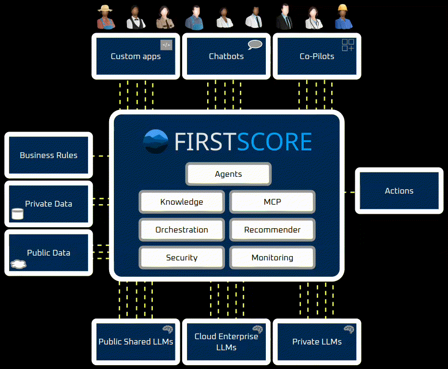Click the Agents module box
tap(228, 174)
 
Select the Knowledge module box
tap(182, 202)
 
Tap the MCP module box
tap(272, 202)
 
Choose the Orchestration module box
tap(182, 230)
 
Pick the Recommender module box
tap(272, 230)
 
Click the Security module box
tap(182, 258)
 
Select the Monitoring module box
tap(272, 258)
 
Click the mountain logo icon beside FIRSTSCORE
tap(156, 142)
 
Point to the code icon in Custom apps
tap(166, 45)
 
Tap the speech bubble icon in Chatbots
tap(255, 45)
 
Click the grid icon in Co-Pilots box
tap(348, 45)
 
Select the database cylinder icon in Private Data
tap(18, 214)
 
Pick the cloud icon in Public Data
tap(18, 264)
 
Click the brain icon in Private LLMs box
tap(348, 330)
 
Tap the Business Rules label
tap(49, 155)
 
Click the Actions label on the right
tap(399, 191)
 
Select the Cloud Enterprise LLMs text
tap(226, 342)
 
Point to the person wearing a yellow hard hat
tap(343, 17)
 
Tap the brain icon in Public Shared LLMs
tap(167, 330)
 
